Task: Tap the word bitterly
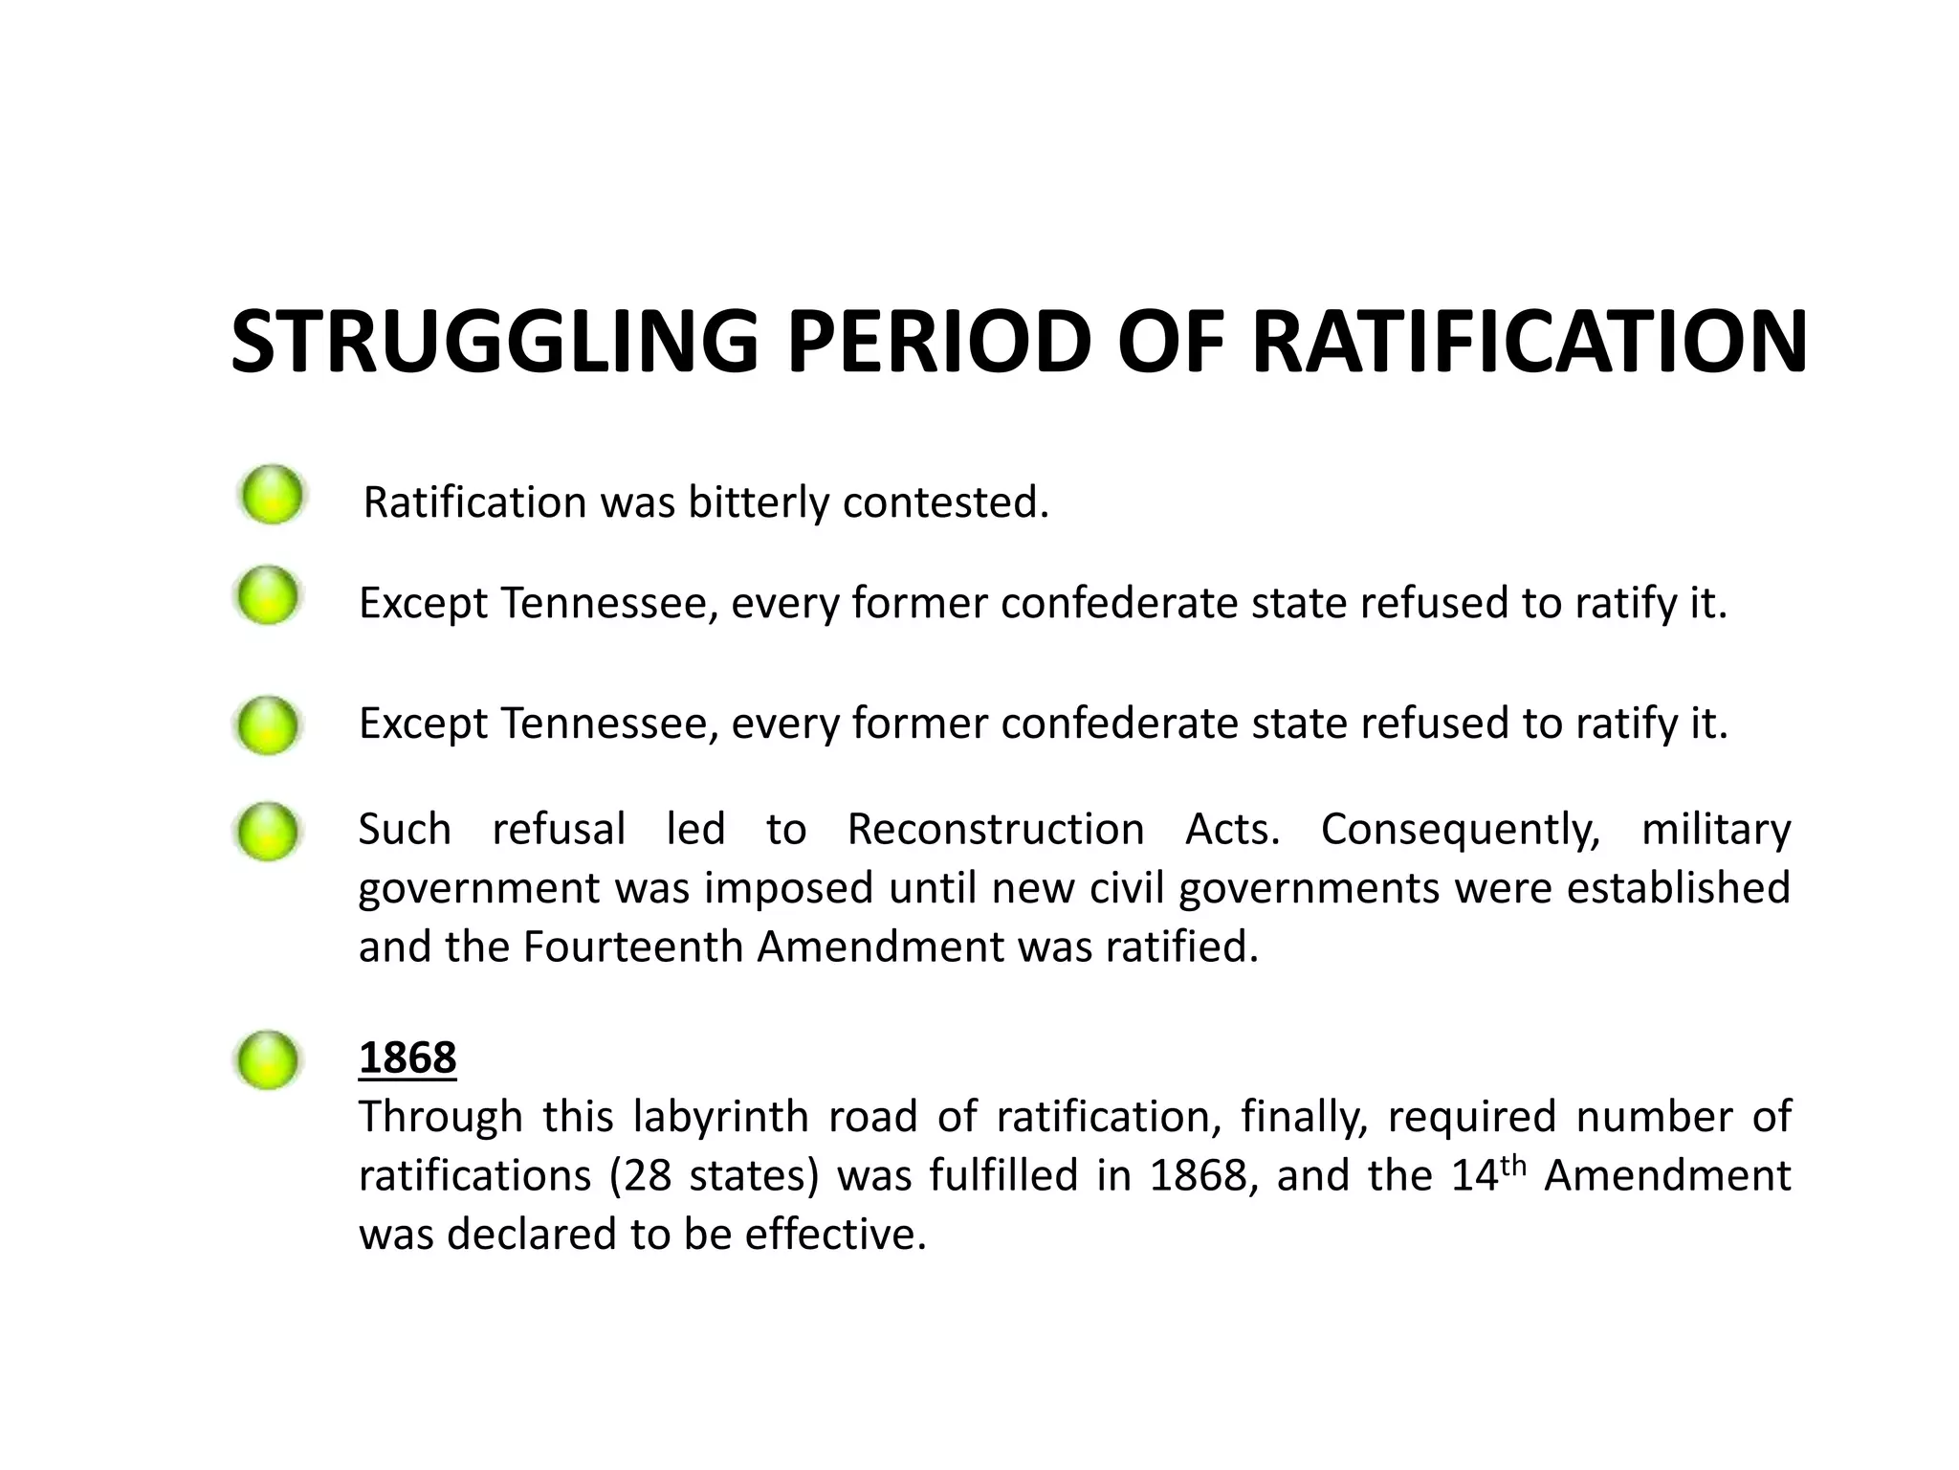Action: click(x=759, y=502)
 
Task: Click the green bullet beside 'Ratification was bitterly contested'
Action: click(x=273, y=496)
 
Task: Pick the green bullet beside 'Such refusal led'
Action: click(x=268, y=831)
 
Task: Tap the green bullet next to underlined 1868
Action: click(x=268, y=1059)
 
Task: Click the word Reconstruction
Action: click(x=996, y=829)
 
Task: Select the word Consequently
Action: click(x=1461, y=829)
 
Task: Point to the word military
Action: click(x=1716, y=829)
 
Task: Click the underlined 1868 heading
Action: click(x=407, y=1058)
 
